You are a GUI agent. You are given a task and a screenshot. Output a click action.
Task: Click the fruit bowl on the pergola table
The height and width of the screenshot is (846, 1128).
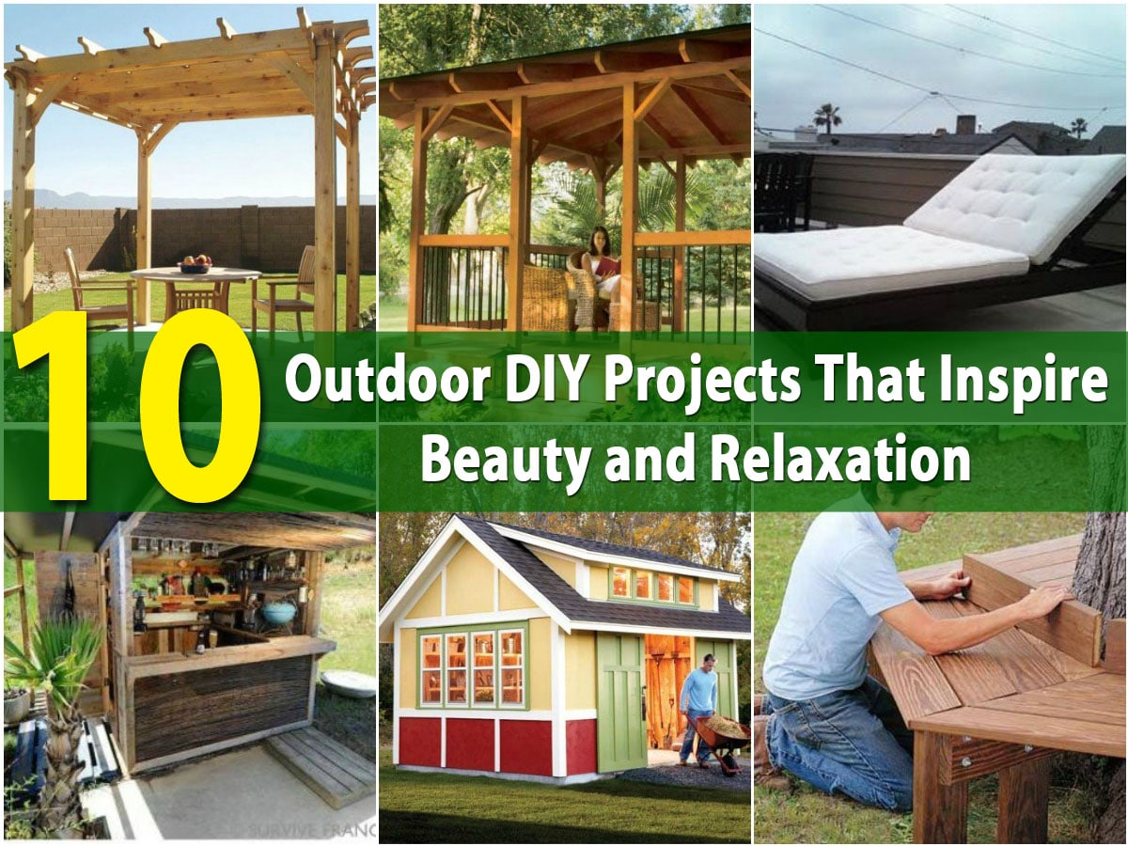pyautogui.click(x=195, y=264)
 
